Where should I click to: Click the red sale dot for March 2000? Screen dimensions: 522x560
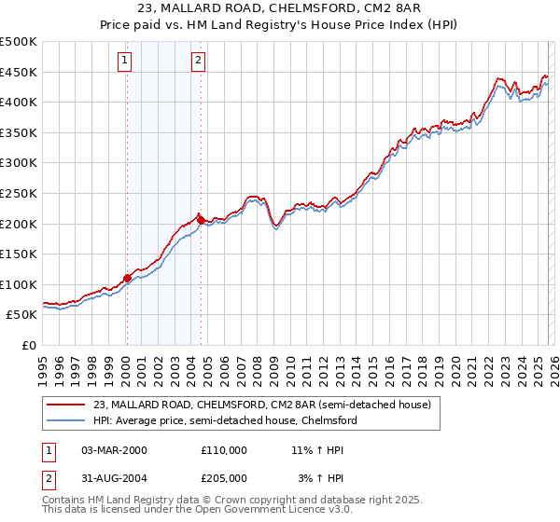127,278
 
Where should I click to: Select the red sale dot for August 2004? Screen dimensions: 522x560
201,220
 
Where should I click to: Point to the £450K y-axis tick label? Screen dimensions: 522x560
19,72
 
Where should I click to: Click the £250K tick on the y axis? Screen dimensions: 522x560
19,193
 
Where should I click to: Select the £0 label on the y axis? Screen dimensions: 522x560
28,345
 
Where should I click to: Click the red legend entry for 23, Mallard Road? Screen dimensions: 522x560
261,405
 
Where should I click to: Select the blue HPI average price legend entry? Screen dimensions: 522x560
225,421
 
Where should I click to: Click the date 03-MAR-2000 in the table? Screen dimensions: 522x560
114,449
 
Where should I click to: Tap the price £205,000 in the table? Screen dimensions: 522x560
224,477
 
